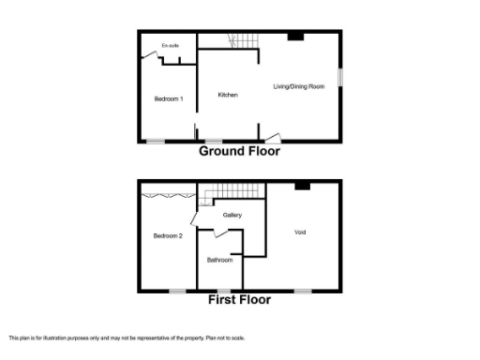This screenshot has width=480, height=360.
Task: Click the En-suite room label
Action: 170,45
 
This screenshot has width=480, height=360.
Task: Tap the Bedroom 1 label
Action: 169,98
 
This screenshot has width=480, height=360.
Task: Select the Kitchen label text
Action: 228,95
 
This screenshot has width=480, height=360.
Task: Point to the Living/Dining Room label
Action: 299,86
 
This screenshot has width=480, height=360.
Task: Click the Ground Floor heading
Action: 239,151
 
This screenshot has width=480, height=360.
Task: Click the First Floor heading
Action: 239,300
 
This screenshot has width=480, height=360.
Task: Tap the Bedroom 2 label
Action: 168,235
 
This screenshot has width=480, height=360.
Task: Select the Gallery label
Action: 232,216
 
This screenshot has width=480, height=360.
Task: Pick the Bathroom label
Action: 220,260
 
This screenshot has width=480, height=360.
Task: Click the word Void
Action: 300,232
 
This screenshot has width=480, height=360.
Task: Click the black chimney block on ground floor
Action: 295,37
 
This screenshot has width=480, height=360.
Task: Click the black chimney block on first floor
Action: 302,186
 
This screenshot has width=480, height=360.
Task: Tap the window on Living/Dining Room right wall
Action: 339,77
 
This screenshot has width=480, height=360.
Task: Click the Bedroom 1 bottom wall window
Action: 155,142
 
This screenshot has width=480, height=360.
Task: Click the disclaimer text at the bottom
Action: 126,337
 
